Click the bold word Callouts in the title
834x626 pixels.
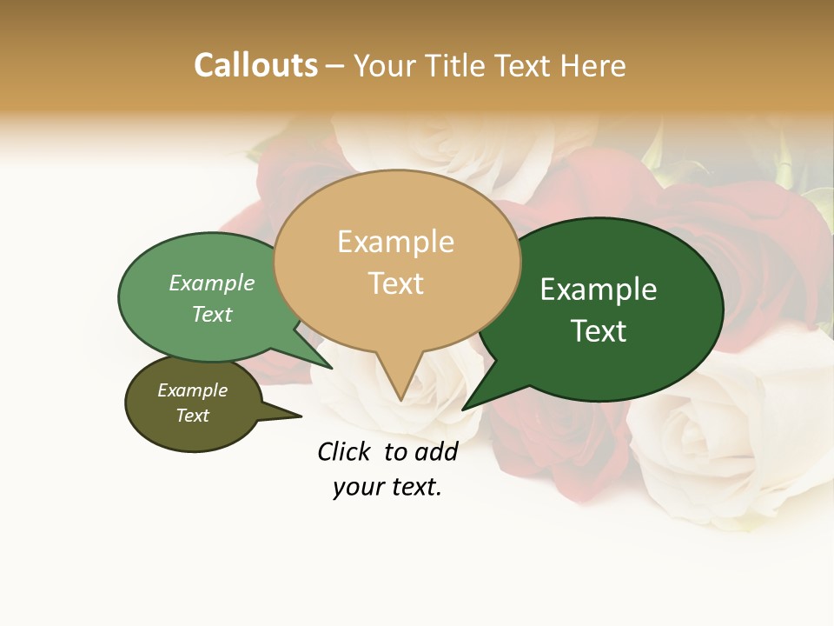255,65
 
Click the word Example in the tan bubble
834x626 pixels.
395,242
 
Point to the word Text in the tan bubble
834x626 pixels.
395,283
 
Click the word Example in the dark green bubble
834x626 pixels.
599,290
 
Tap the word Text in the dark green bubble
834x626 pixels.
599,330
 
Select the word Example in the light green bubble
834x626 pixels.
212,283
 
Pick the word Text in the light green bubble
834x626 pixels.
212,314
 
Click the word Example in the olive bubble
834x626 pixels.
192,390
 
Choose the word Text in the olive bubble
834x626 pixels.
192,416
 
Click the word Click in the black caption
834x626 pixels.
344,451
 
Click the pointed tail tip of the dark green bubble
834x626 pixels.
463,409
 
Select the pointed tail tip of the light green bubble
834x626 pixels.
331,369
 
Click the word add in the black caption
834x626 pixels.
435,451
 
